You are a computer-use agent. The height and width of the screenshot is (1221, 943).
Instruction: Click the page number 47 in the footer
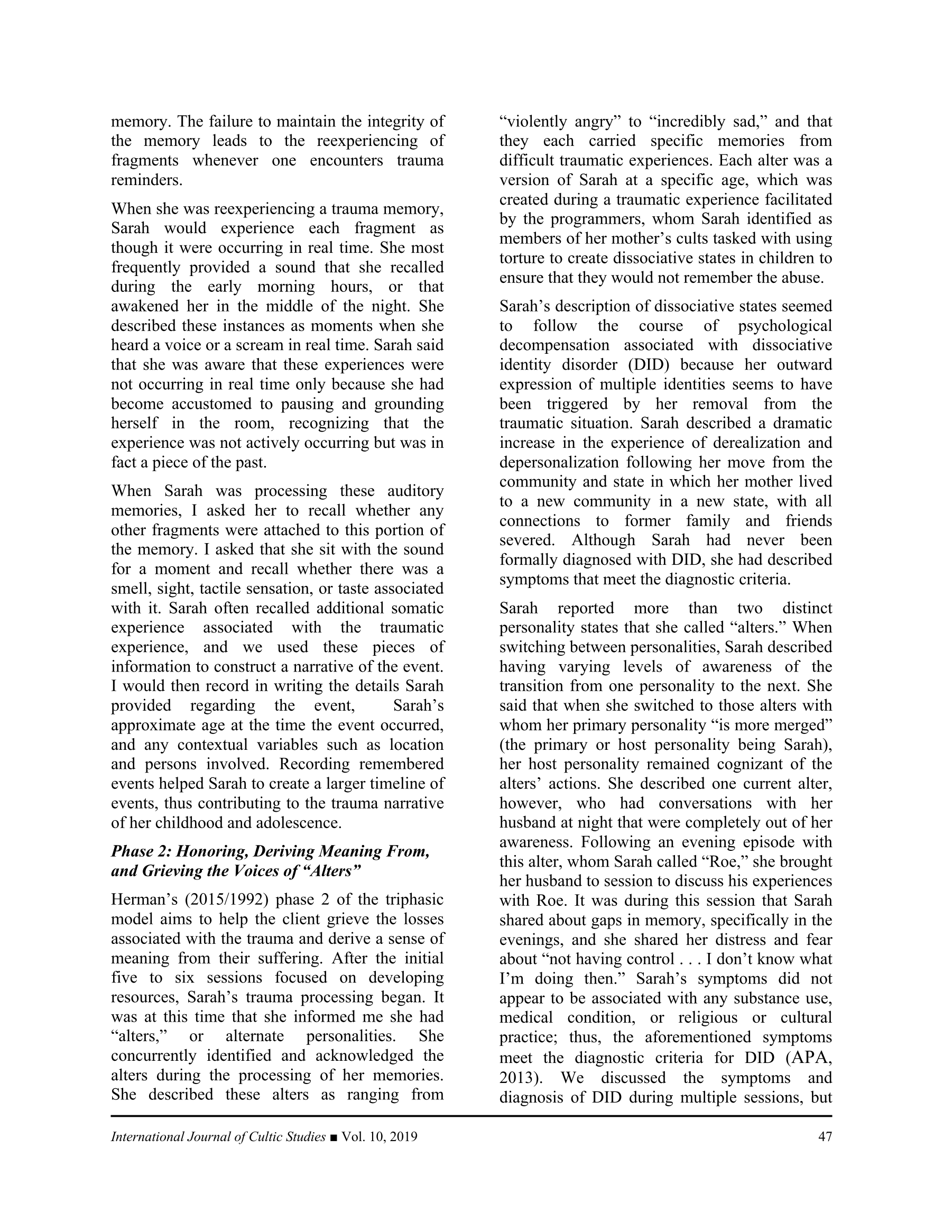tap(825, 1136)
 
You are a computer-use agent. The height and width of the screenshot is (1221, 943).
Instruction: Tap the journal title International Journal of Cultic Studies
tap(218, 1136)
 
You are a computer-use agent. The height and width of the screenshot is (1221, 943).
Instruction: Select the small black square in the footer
tap(334, 1137)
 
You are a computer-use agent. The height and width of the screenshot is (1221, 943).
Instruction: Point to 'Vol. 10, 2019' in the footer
tap(380, 1136)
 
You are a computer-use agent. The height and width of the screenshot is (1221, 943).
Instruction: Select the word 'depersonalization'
tap(559, 462)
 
